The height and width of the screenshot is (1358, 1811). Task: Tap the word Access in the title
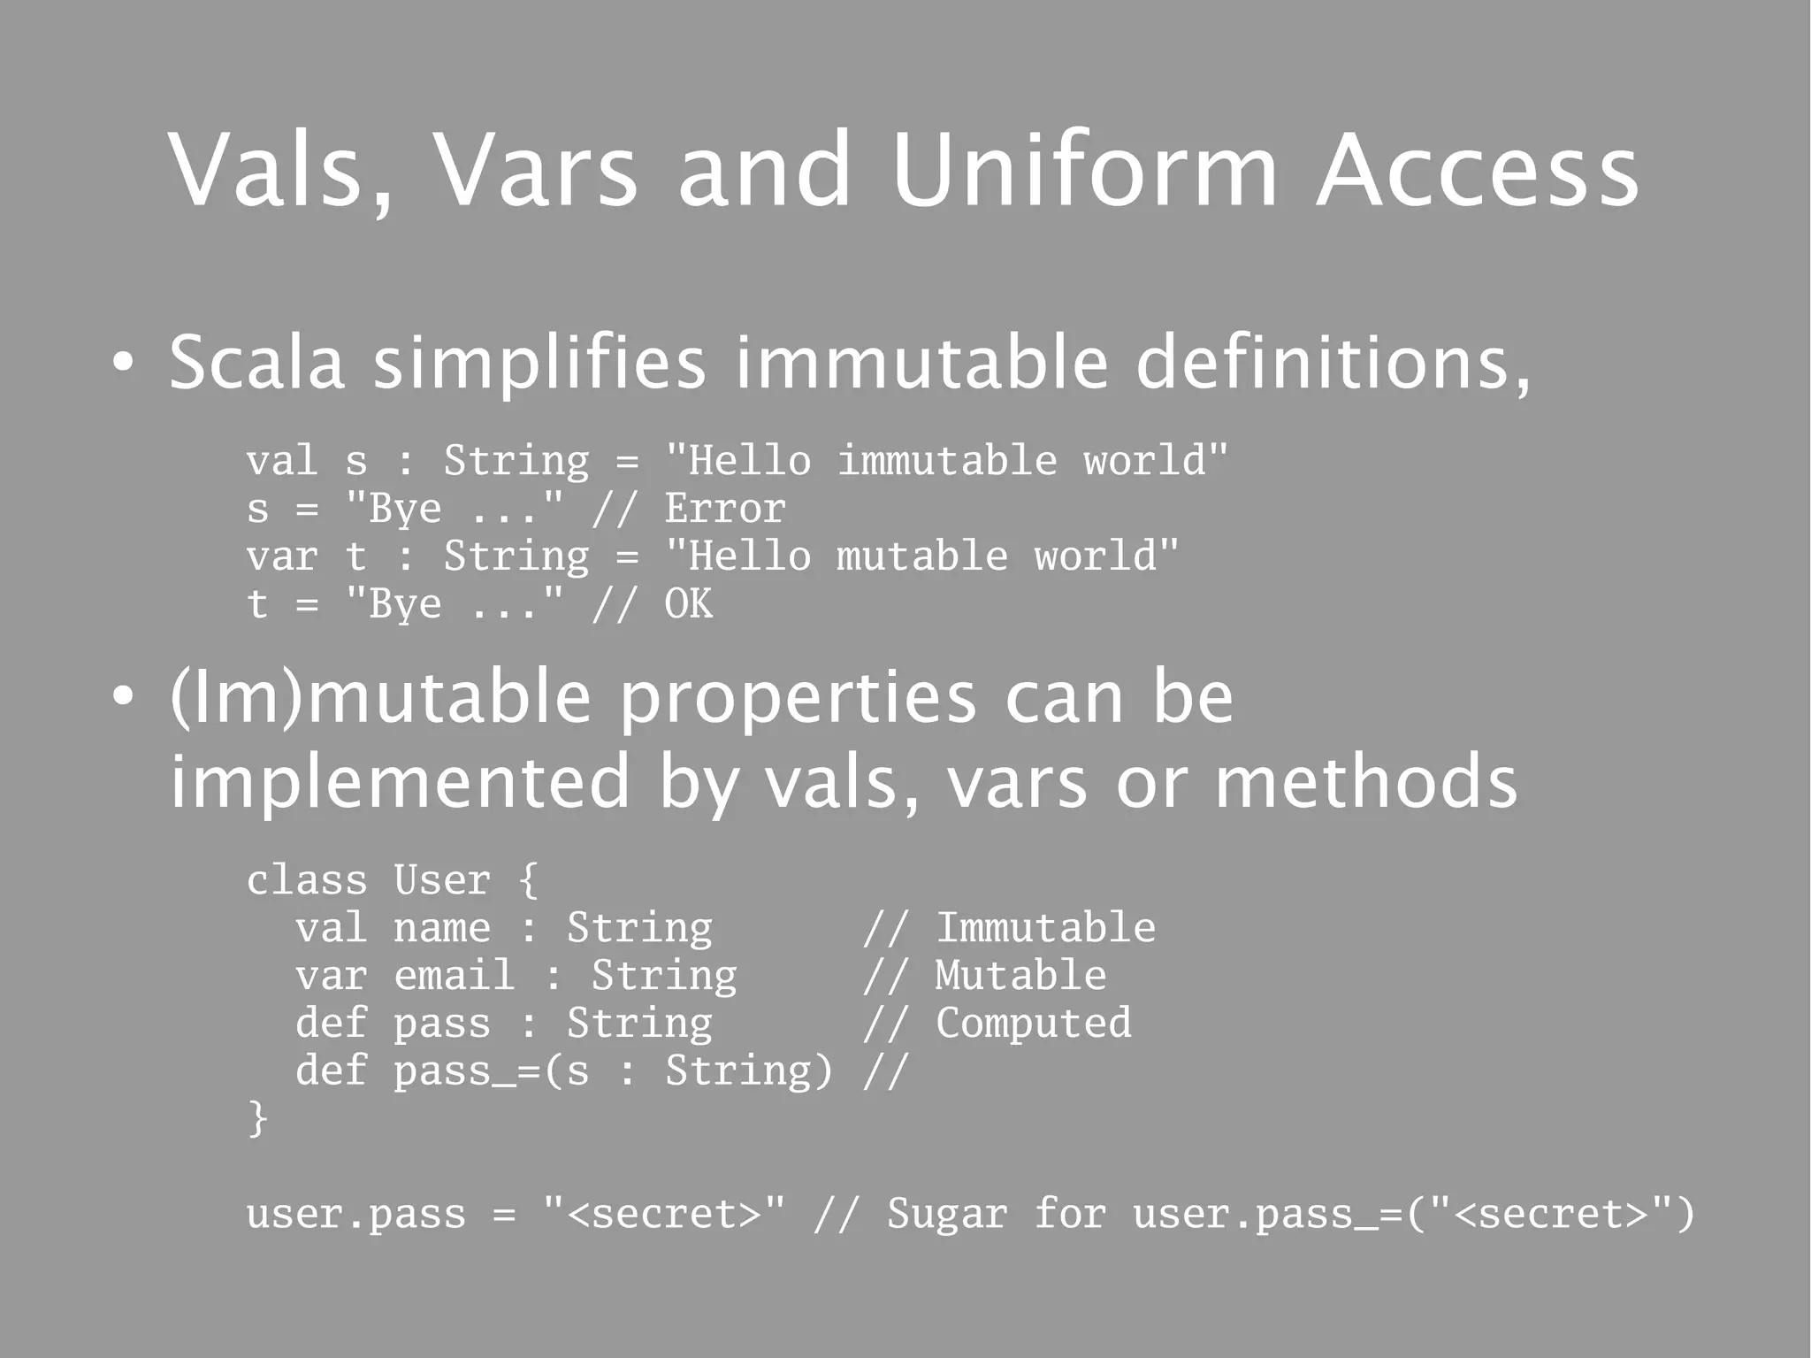(x=1477, y=169)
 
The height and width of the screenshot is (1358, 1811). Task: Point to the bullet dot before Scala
(x=124, y=363)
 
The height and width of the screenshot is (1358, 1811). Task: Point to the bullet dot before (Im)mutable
(x=124, y=697)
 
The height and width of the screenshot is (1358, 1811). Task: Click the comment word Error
(x=725, y=509)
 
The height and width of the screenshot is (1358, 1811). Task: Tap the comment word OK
(x=688, y=604)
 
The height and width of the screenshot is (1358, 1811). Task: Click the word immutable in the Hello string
(x=947, y=461)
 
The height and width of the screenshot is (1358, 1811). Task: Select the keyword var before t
(x=282, y=556)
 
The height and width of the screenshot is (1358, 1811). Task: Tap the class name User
(x=442, y=880)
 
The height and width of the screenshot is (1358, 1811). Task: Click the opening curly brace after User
(x=528, y=880)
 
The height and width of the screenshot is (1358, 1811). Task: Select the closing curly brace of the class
(x=257, y=1118)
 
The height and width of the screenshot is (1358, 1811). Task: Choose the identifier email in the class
(x=455, y=976)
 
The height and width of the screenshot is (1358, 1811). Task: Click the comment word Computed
(x=1033, y=1024)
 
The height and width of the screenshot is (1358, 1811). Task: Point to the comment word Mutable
(x=1020, y=976)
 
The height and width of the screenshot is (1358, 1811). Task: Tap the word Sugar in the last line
(x=947, y=1214)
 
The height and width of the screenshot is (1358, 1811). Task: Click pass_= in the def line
(x=467, y=1071)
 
